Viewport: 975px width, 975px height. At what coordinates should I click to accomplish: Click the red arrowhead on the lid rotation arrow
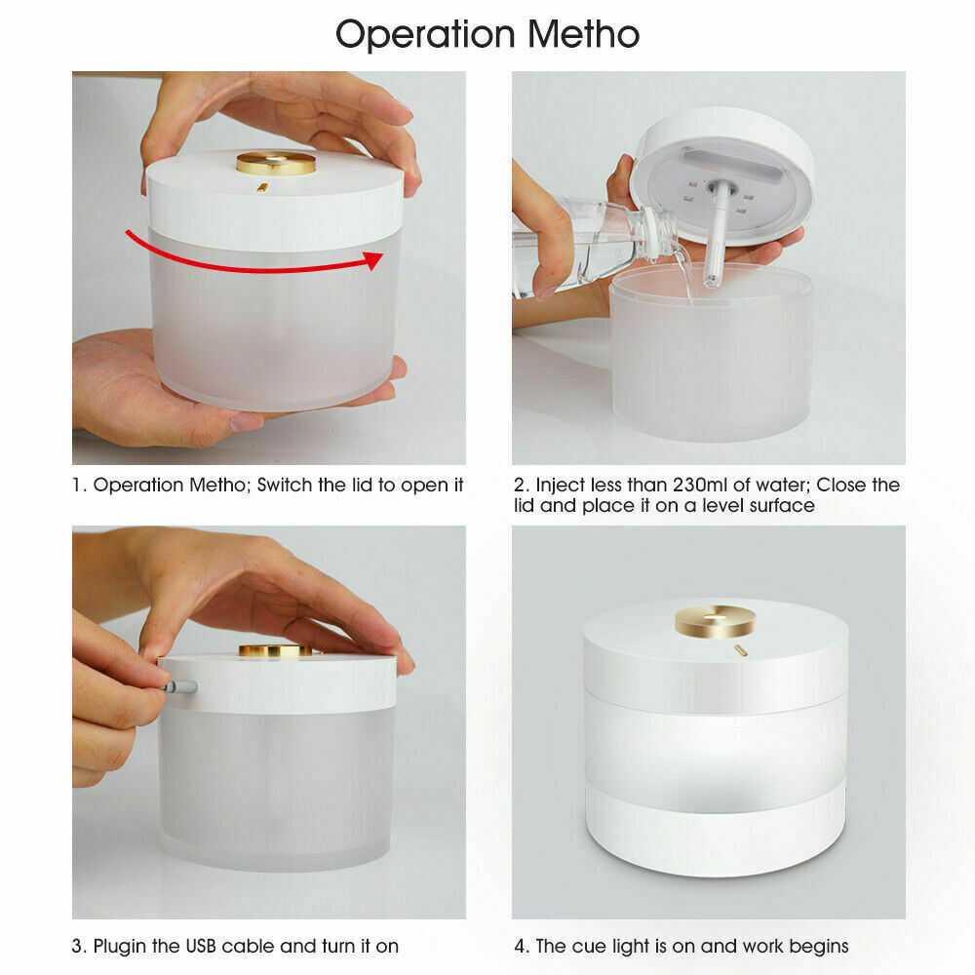click(373, 260)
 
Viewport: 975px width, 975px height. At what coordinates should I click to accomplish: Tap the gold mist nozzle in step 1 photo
click(276, 163)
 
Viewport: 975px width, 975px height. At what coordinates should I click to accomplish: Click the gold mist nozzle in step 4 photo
click(715, 621)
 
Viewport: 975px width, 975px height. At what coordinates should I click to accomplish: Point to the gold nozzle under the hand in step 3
click(276, 651)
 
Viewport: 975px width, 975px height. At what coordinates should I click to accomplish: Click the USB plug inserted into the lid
click(180, 686)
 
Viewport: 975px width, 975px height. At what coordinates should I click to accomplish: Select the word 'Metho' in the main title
click(583, 34)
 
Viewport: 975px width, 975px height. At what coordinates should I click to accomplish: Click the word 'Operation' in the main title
click(425, 35)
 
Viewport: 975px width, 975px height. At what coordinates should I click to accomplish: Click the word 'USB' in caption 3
click(201, 946)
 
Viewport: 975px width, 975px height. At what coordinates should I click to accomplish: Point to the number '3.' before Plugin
click(79, 946)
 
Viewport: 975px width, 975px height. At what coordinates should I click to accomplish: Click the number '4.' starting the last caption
click(521, 946)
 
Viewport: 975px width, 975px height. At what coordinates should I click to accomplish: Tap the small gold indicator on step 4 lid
click(740, 650)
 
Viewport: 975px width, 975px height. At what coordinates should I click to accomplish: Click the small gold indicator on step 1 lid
click(263, 186)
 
